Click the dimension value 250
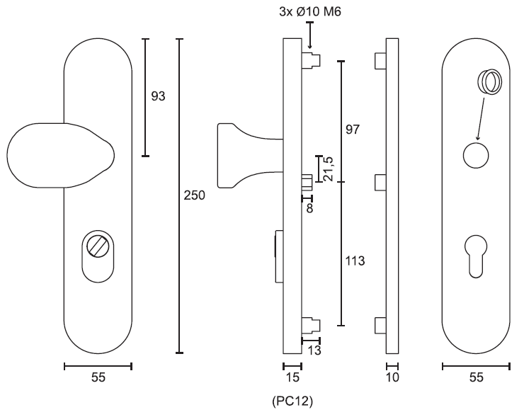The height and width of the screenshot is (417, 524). [194, 195]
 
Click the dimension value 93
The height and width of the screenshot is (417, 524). [158, 96]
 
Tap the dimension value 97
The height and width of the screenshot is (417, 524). [352, 130]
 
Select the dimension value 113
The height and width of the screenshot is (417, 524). [355, 261]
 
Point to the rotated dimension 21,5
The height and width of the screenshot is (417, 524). [329, 168]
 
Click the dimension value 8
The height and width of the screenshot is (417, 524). [309, 208]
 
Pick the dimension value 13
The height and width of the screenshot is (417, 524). [314, 350]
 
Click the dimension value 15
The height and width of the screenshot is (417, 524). [292, 377]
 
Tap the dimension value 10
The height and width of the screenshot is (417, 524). [392, 377]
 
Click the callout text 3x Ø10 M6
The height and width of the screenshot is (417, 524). [310, 12]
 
